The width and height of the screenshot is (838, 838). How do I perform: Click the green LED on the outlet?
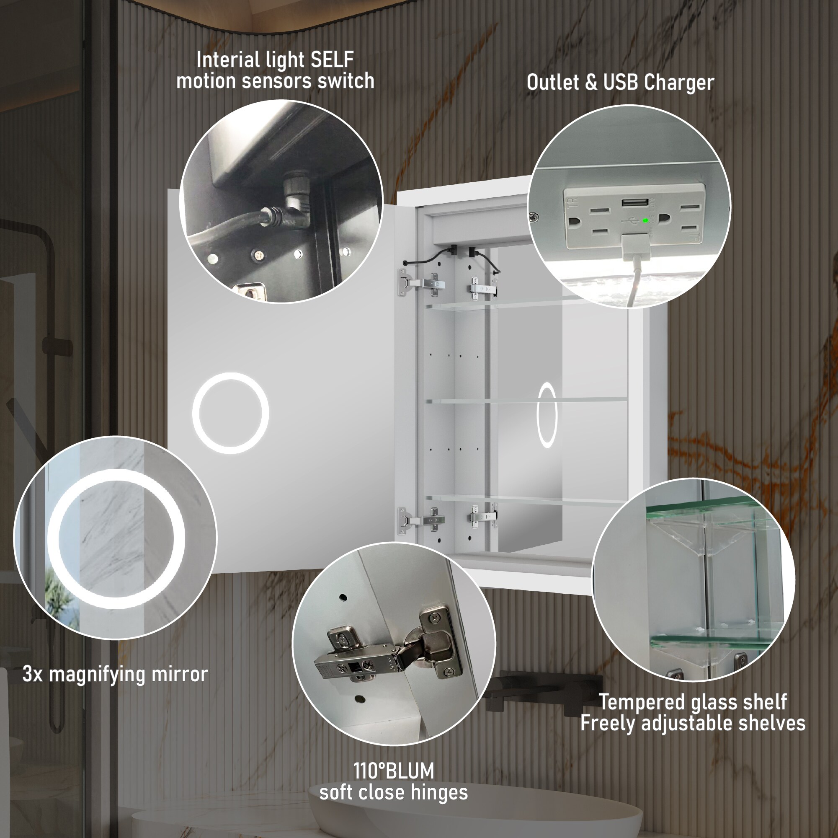click(645, 220)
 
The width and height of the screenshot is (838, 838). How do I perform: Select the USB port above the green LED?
click(635, 203)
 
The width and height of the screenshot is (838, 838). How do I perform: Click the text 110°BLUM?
click(393, 771)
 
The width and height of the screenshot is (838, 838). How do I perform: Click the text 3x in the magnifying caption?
click(33, 674)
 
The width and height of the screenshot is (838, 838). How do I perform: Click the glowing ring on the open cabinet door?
click(230, 413)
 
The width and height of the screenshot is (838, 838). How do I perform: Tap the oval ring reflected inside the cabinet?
click(547, 414)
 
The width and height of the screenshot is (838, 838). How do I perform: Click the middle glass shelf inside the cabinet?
click(525, 400)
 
